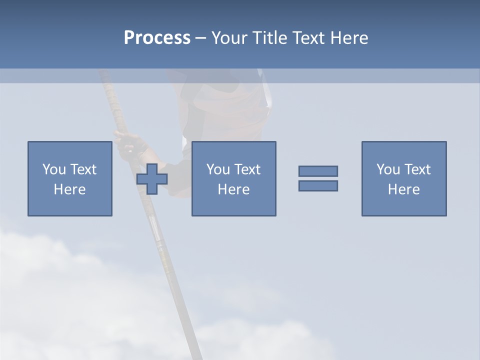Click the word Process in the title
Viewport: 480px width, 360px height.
coord(157,38)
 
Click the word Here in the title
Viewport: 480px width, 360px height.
coord(349,38)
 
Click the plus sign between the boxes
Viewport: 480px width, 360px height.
coord(152,179)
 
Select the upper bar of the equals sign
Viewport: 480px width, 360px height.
coord(318,171)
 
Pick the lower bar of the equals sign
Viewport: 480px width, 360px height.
coord(318,185)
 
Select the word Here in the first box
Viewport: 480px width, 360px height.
coord(70,189)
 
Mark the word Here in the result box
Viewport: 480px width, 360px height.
coord(404,189)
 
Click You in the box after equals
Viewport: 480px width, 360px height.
coord(388,169)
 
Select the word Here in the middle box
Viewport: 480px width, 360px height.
coord(234,189)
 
